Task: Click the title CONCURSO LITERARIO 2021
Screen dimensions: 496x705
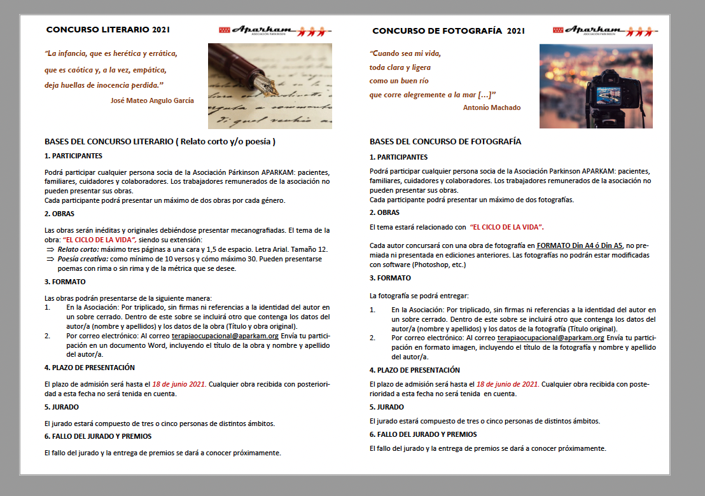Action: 108,29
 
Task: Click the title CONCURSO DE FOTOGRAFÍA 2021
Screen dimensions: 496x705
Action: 449,31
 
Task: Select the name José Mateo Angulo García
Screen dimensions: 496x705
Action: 152,100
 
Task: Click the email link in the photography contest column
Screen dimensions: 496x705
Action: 550,338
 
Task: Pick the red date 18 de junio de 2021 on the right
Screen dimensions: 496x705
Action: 507,384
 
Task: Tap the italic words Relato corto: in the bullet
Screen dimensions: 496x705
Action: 78,249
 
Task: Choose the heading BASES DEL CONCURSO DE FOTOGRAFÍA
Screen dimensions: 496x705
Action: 445,141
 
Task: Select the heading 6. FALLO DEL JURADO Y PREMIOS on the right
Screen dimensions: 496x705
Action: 422,434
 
